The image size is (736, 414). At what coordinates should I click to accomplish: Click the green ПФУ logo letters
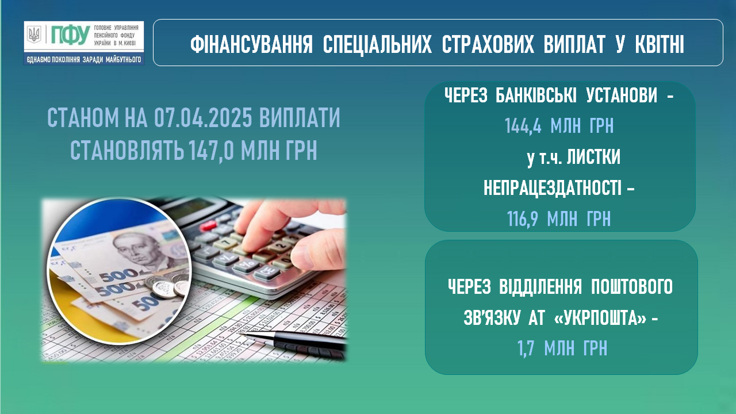click(70, 35)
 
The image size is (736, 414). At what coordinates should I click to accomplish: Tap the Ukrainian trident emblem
click(34, 34)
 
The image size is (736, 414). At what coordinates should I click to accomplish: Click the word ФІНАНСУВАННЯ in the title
click(251, 45)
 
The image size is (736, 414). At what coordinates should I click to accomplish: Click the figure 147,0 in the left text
click(211, 150)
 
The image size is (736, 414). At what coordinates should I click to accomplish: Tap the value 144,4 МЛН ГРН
click(559, 125)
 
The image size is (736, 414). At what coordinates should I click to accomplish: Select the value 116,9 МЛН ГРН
click(558, 218)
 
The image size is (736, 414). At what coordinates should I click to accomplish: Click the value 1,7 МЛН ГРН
click(562, 348)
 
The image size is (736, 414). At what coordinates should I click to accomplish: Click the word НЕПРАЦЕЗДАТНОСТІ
click(553, 188)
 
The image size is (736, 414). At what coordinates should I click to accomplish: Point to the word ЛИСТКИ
click(593, 157)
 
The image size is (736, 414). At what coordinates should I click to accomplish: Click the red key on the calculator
click(208, 225)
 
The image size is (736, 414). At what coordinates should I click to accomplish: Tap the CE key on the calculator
click(266, 272)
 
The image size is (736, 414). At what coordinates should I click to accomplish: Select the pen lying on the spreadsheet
click(293, 342)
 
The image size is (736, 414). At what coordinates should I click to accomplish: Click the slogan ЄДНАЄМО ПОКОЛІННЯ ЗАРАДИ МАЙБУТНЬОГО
click(84, 60)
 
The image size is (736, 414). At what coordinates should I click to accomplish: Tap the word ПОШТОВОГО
click(632, 286)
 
